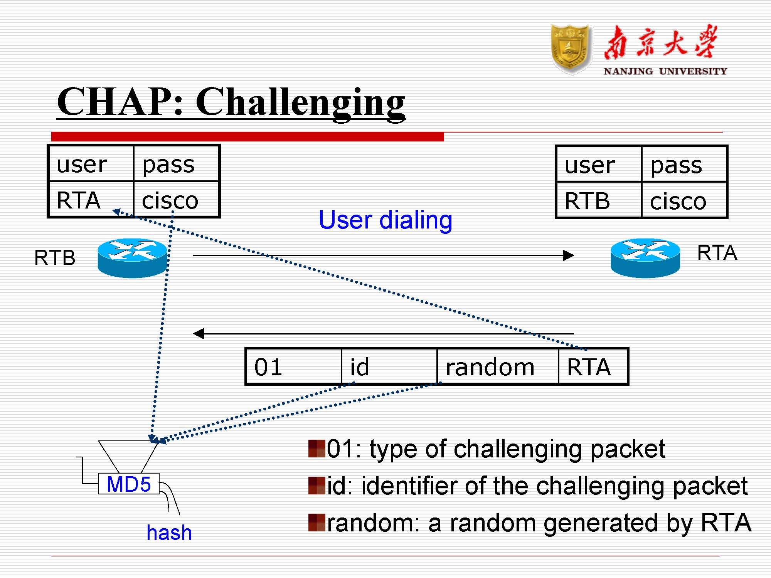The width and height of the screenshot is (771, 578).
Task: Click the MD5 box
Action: pos(128,484)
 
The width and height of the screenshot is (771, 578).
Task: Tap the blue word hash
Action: pos(169,533)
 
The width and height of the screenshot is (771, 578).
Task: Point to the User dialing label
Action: pos(385,220)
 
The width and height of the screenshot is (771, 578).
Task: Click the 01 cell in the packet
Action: pos(293,366)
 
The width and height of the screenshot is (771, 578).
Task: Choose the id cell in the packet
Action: pos(389,366)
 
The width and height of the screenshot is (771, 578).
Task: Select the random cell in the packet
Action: pos(497,366)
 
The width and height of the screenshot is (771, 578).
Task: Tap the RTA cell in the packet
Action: pos(593,366)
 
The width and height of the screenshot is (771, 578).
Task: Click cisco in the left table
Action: pos(176,200)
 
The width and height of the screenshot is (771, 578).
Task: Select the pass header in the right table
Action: pos(683,165)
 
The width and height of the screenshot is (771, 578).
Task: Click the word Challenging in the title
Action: pos(300,102)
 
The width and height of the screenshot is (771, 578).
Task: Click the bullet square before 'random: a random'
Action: pos(316,523)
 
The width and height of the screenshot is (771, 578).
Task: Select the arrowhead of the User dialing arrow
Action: pos(569,255)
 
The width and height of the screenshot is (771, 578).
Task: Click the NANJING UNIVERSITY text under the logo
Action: pos(665,71)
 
